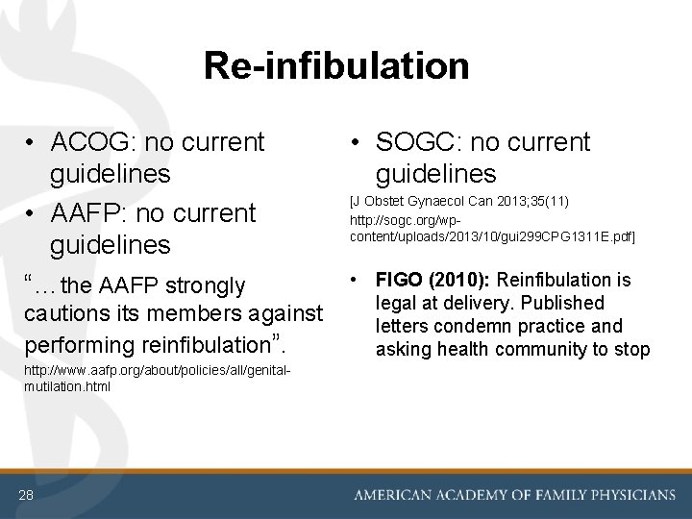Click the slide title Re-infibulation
336,66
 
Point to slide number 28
25,494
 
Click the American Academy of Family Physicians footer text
515,495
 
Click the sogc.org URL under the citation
492,227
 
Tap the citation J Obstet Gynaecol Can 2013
459,201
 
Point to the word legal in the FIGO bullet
398,304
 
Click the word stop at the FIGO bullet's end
631,350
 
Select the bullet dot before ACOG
33,143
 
